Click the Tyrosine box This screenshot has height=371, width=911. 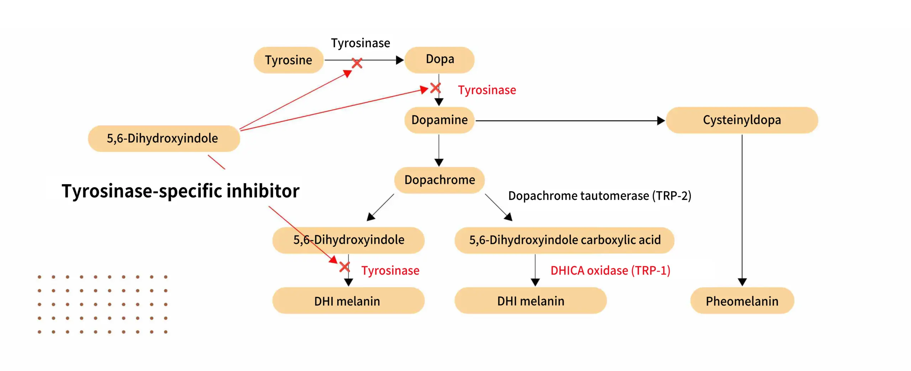[288, 60]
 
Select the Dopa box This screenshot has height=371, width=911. [439, 59]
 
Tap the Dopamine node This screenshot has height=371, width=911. [439, 120]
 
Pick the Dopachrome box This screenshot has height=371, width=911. [439, 180]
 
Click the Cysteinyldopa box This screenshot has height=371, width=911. [742, 120]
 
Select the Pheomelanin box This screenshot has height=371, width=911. [742, 301]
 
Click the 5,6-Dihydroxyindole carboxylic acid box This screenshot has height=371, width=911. [564, 240]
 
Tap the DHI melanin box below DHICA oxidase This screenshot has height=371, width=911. [530, 301]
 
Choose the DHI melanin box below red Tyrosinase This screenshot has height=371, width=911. [348, 301]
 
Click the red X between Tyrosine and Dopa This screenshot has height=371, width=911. [357, 63]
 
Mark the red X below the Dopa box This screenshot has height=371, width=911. [436, 88]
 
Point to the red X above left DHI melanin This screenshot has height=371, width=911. [344, 267]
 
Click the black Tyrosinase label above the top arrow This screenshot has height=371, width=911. [360, 43]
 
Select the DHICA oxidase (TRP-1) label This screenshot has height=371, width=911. [610, 271]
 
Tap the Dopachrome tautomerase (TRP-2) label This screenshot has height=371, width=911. [599, 196]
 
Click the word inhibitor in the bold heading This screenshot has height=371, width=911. [263, 191]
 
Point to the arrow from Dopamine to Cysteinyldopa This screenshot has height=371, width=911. [569, 121]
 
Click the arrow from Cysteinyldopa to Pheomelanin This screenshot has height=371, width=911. [742, 210]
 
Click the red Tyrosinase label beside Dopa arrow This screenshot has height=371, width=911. [486, 90]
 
